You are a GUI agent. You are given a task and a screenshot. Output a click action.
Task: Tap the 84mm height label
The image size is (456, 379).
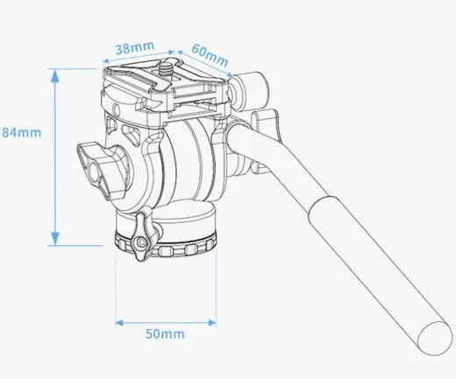tap(20, 132)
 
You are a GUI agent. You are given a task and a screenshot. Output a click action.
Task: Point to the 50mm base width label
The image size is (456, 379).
tap(165, 333)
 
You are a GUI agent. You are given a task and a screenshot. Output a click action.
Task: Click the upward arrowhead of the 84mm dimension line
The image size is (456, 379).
tap(56, 75)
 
